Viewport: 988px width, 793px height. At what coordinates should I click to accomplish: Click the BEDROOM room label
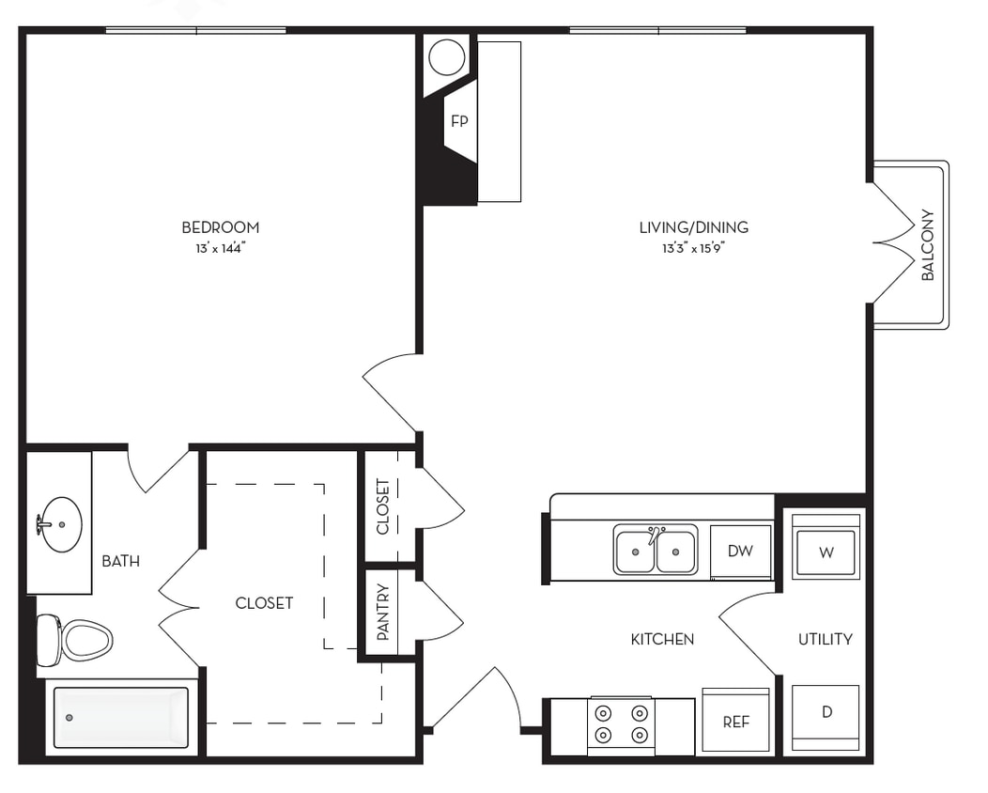pyautogui.click(x=220, y=227)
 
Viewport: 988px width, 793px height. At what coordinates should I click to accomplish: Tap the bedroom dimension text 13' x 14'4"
pyautogui.click(x=220, y=249)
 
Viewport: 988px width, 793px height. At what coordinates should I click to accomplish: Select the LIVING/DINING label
pyautogui.click(x=693, y=227)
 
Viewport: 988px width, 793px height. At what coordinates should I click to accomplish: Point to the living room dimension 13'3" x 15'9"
pyautogui.click(x=693, y=249)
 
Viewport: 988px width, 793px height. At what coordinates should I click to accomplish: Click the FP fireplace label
pyautogui.click(x=459, y=121)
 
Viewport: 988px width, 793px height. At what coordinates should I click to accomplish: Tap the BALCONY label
pyautogui.click(x=928, y=245)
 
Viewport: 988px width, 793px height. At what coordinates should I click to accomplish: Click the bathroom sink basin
pyautogui.click(x=60, y=524)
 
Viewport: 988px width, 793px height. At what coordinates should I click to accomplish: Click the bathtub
pyautogui.click(x=120, y=718)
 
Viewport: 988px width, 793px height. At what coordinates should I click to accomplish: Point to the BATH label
pyautogui.click(x=120, y=562)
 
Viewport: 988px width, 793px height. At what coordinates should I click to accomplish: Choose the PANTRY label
pyautogui.click(x=383, y=612)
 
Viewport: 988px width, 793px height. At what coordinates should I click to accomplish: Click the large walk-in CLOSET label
pyautogui.click(x=264, y=603)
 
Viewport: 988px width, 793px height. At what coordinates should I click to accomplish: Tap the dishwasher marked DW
pyautogui.click(x=740, y=552)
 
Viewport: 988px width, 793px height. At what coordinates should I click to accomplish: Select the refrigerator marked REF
pyautogui.click(x=736, y=723)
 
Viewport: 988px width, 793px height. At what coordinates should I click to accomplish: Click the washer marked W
pyautogui.click(x=826, y=552)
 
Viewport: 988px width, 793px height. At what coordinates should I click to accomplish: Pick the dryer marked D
pyautogui.click(x=826, y=712)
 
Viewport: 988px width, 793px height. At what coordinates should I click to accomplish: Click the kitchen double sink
pyautogui.click(x=656, y=551)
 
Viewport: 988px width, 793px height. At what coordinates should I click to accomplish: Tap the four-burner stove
pyautogui.click(x=621, y=723)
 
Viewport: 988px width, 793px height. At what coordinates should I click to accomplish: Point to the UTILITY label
pyautogui.click(x=825, y=639)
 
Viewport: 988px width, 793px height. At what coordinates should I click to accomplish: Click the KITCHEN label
pyautogui.click(x=662, y=639)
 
